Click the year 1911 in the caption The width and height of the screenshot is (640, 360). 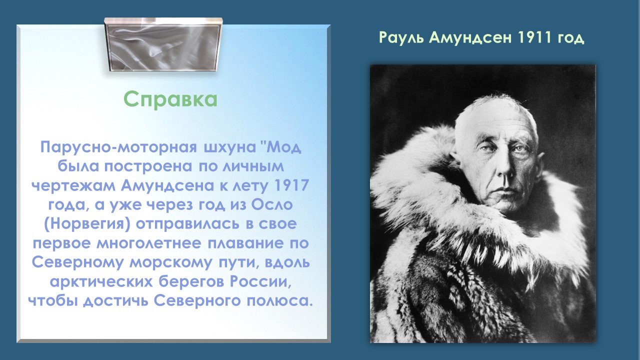534,37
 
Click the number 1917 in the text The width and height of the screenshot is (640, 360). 291,185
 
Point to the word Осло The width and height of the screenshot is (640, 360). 272,204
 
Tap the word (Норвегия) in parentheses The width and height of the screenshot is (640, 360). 87,224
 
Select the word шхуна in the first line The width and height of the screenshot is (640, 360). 229,147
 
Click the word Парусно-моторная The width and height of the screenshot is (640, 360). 118,147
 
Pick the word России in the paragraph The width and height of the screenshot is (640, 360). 260,281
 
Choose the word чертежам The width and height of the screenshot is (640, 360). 73,185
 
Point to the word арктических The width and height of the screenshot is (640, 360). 101,282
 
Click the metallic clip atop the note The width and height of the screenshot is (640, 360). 163,44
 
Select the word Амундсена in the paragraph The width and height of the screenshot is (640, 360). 167,185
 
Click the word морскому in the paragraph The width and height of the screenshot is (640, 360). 170,263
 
